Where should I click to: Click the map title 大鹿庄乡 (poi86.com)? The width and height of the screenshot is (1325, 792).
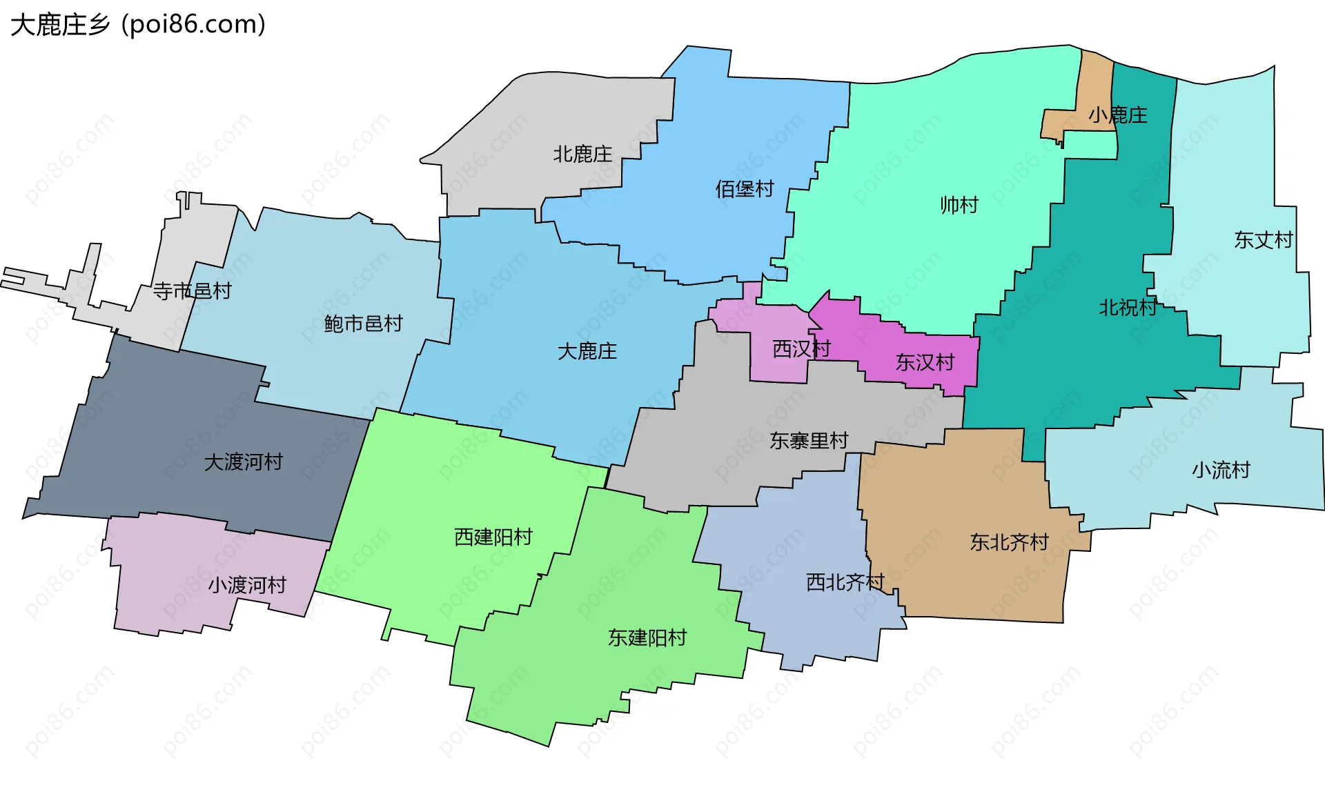pyautogui.click(x=138, y=25)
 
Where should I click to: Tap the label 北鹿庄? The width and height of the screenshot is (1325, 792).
pyautogui.click(x=582, y=154)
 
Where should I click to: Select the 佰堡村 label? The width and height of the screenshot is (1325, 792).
pyautogui.click(x=744, y=189)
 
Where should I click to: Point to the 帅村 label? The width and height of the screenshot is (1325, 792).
pyautogui.click(x=959, y=205)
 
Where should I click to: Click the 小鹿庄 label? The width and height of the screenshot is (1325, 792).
pyautogui.click(x=1118, y=115)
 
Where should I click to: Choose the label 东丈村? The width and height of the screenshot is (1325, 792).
pyautogui.click(x=1263, y=240)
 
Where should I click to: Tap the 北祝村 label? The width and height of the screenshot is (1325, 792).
pyautogui.click(x=1128, y=308)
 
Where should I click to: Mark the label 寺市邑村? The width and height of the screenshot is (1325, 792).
pyautogui.click(x=192, y=291)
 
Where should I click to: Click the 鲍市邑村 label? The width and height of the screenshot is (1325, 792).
pyautogui.click(x=363, y=324)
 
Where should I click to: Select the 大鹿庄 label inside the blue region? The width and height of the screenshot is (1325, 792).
pyautogui.click(x=587, y=352)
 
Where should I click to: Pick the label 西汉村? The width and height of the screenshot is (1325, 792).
pyautogui.click(x=801, y=349)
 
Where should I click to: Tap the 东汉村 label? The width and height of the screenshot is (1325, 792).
pyautogui.click(x=925, y=362)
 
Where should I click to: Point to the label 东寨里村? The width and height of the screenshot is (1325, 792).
pyautogui.click(x=809, y=441)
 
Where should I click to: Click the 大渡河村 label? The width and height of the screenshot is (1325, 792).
pyautogui.click(x=243, y=462)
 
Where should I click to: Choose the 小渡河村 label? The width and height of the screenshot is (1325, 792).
pyautogui.click(x=247, y=586)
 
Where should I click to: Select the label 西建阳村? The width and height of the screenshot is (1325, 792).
pyautogui.click(x=493, y=537)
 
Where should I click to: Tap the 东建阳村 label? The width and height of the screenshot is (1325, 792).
pyautogui.click(x=647, y=638)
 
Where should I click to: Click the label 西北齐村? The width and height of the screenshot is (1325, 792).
pyautogui.click(x=845, y=583)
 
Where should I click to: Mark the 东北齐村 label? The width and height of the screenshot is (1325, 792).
pyautogui.click(x=1009, y=543)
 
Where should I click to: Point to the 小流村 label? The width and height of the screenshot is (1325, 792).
pyautogui.click(x=1221, y=471)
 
